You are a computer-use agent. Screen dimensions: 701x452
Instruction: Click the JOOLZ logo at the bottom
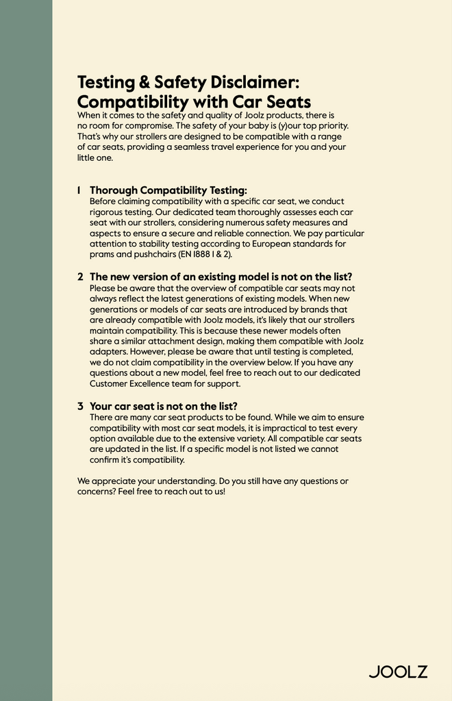398,671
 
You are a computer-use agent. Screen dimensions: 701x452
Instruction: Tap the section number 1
79,190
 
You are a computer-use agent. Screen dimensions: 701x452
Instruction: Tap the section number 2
80,277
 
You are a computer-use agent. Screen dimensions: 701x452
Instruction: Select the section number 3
80,406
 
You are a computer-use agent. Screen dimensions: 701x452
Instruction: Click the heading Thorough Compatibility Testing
168,190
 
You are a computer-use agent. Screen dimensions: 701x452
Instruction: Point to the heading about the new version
221,277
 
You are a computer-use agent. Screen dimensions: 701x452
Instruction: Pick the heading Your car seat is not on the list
164,406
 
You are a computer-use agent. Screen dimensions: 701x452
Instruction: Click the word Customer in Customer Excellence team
111,384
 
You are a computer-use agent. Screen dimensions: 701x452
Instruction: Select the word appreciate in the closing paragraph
110,481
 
